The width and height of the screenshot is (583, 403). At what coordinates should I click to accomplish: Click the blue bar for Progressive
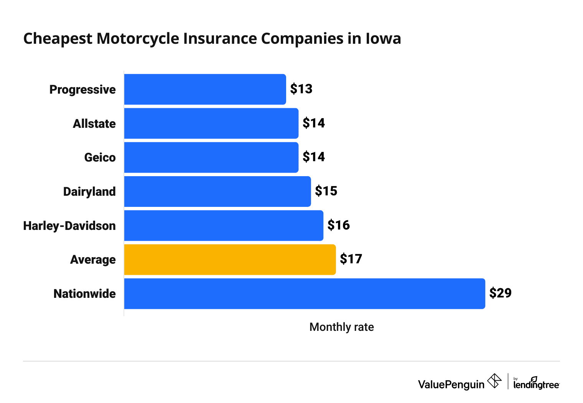205,89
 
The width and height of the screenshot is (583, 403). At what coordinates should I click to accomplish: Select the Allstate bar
211,123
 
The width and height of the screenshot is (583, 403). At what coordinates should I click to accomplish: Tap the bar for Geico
211,157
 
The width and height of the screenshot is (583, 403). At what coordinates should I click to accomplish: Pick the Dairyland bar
217,191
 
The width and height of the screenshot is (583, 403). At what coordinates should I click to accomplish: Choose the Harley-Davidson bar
223,225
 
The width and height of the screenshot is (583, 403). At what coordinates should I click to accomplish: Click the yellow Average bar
229,259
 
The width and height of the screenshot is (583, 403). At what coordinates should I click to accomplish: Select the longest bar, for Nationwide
304,294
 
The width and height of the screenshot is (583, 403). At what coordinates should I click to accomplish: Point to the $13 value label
301,89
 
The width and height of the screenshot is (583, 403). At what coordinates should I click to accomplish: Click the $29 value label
500,293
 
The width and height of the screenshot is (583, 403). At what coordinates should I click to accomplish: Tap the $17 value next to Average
351,259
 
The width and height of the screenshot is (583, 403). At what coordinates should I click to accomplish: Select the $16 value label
338,225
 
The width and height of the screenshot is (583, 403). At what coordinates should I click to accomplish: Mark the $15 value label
326,191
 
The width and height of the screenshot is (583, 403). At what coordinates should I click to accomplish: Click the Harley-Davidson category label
69,226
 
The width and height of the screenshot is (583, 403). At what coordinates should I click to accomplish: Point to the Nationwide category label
84,294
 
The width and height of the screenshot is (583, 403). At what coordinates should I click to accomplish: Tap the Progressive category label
82,89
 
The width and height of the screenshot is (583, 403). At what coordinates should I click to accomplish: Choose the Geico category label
100,157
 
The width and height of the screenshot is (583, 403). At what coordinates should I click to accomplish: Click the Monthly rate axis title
341,327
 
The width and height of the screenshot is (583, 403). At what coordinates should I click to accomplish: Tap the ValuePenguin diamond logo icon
494,381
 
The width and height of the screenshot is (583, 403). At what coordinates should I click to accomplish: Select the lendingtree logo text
536,384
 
